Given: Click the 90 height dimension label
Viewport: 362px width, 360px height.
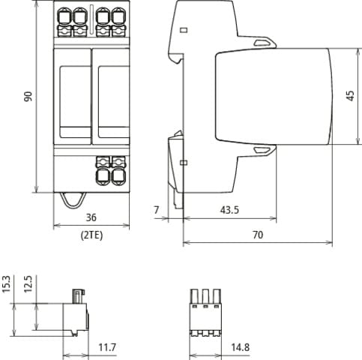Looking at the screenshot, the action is coord(28,97).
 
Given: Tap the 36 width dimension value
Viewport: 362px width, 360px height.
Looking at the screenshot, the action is coord(91,217).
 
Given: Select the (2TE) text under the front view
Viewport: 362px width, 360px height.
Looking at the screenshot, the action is coord(91,235).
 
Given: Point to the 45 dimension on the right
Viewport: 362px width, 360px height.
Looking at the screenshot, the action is coord(351,96).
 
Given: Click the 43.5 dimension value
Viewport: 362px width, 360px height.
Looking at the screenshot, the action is coord(229,210).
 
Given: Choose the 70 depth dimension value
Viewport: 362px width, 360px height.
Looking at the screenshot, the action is coord(258,235).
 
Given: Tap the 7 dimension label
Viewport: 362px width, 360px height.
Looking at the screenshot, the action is coord(157,210).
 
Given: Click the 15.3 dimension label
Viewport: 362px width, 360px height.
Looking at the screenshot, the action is coord(6,283).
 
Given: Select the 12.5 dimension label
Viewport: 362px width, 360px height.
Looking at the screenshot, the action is coord(28,283).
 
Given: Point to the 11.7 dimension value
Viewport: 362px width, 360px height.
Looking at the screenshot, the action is coord(107,347).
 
